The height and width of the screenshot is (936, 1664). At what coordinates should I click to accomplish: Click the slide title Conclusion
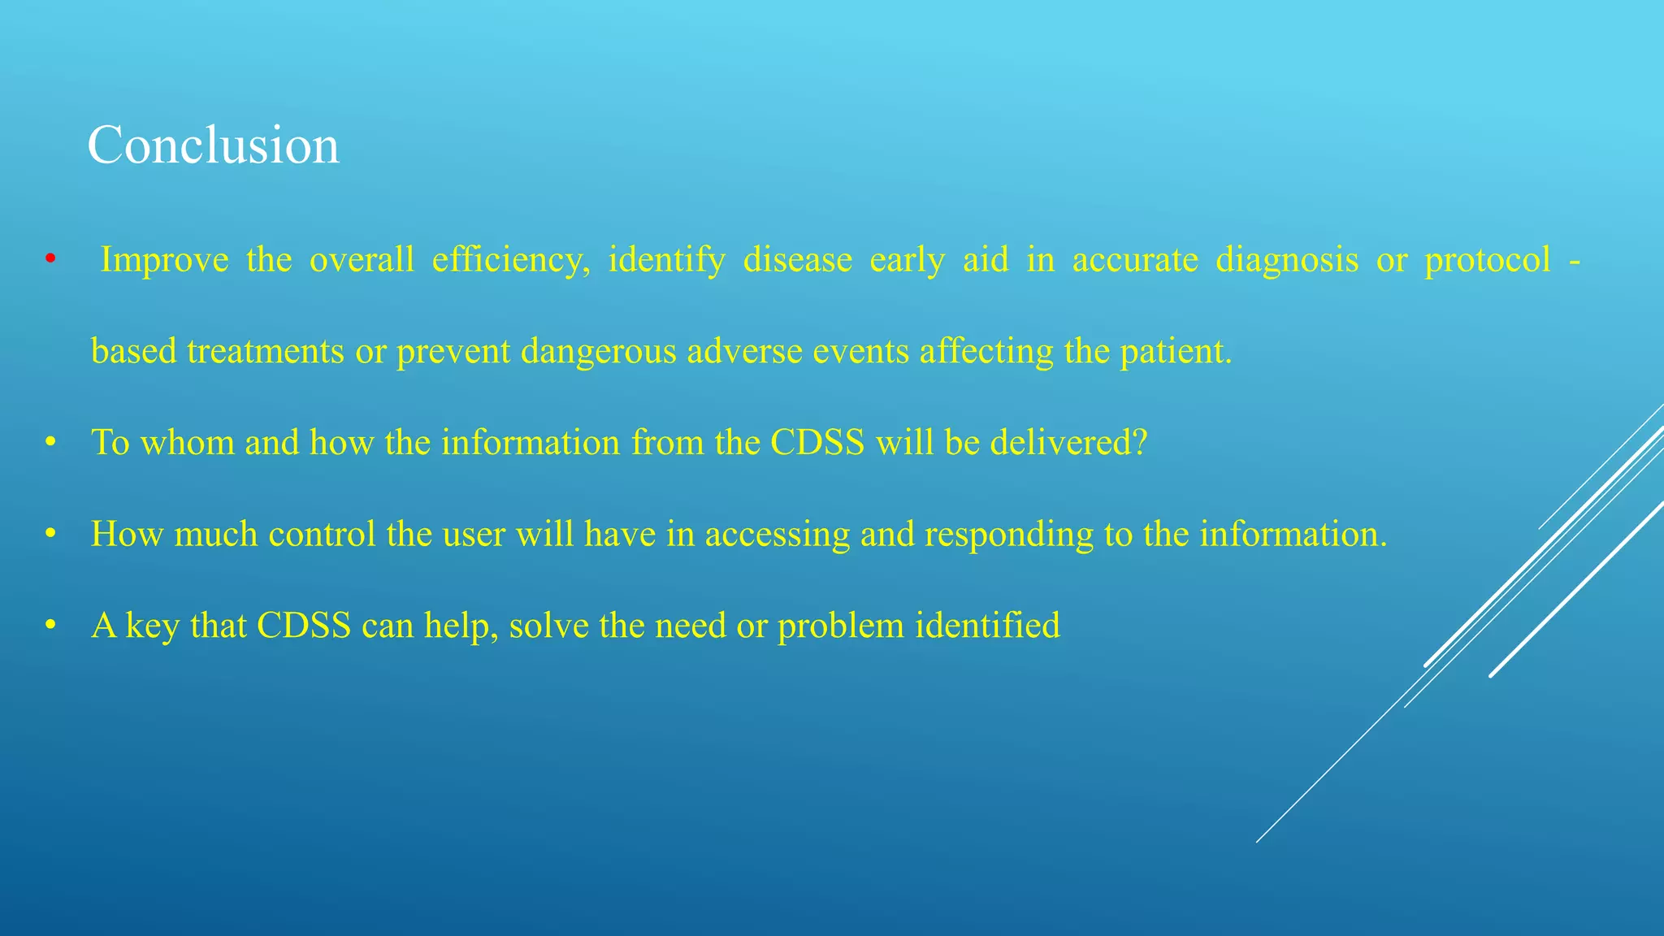coord(213,146)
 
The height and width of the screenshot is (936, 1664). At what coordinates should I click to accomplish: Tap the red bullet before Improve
coord(50,260)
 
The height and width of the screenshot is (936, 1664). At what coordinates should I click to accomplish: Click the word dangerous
coord(599,352)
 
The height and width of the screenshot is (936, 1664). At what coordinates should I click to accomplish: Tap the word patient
coord(1176,352)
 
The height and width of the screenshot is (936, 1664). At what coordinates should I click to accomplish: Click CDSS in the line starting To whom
coord(817,444)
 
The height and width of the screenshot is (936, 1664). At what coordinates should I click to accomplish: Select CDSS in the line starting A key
coord(304,626)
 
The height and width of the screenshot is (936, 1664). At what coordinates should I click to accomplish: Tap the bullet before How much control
coord(50,535)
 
